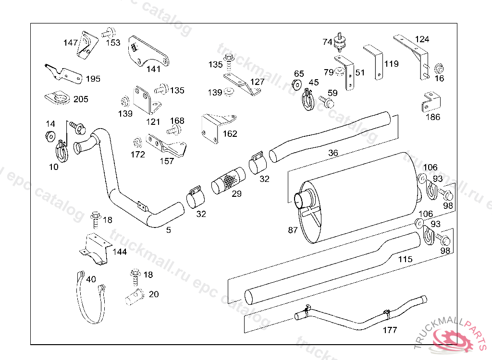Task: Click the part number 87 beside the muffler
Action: [293, 230]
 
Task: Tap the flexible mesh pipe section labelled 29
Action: [229, 180]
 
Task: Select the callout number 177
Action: [390, 330]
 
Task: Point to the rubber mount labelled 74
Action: [340, 42]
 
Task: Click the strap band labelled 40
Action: [91, 297]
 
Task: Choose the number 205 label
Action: [81, 99]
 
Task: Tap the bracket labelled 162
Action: [218, 129]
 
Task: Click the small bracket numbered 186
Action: [431, 102]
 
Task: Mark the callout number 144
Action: [120, 252]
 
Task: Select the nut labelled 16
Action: [439, 68]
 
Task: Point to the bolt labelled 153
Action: [109, 33]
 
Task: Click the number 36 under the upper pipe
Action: [333, 153]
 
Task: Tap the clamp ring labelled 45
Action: [308, 99]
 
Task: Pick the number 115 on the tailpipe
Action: [405, 259]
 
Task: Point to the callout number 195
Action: [93, 79]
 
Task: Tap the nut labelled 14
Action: [50, 136]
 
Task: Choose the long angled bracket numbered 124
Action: [411, 57]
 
